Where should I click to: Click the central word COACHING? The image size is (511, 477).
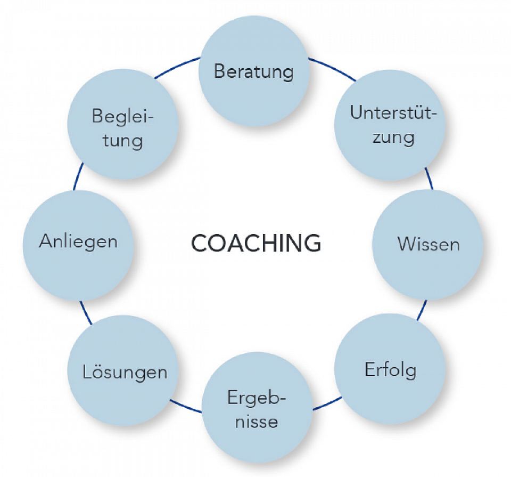(256, 244)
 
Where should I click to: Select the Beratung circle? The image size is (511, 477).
(254, 71)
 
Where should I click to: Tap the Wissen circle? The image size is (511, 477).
(427, 244)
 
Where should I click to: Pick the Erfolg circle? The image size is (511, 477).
(390, 370)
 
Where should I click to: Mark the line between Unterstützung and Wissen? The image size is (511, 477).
(430, 179)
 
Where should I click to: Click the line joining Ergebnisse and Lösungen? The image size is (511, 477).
(186, 405)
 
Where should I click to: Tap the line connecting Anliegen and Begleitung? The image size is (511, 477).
(78, 177)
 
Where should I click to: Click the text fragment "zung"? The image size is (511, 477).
(390, 137)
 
